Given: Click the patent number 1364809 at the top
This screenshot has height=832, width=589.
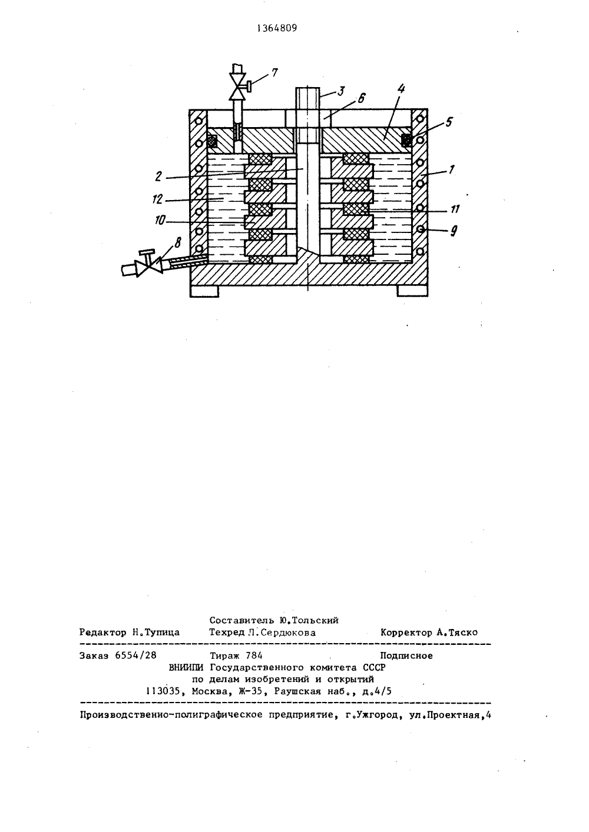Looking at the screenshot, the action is click(277, 28).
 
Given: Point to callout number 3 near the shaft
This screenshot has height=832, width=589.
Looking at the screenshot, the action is click(340, 91).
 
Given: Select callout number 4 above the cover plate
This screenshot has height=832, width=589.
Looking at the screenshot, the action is click(401, 89).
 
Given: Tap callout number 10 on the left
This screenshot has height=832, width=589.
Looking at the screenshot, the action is click(160, 221).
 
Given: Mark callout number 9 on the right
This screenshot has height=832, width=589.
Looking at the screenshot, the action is click(454, 231).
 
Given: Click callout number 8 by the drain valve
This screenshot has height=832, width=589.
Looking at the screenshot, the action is click(177, 243).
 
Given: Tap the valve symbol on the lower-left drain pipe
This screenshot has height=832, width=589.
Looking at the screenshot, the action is click(150, 264).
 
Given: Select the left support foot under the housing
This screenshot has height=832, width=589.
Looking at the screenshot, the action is click(204, 291).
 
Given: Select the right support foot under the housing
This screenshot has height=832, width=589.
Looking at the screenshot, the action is click(412, 291).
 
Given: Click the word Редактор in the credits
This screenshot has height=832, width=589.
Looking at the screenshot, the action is click(102, 632).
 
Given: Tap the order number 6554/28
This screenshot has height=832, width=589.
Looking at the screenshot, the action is click(136, 655).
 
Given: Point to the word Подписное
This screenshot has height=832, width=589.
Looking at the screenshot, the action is click(406, 655).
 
